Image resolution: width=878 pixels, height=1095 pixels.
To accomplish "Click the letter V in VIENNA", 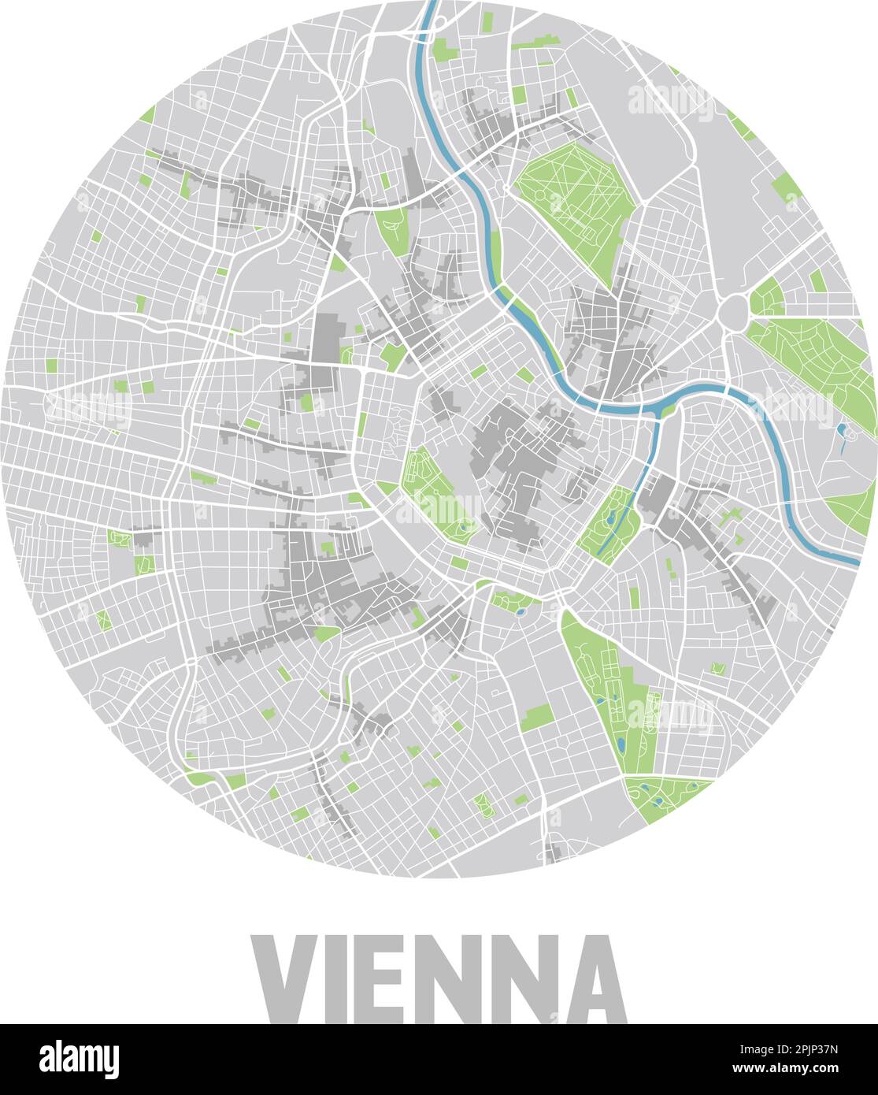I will click(285, 978).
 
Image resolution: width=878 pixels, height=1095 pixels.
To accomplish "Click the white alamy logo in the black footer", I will click(80, 1060).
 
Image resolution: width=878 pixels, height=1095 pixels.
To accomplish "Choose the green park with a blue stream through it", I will click(609, 524).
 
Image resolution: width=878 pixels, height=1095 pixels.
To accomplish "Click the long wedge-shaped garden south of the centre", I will click(606, 677).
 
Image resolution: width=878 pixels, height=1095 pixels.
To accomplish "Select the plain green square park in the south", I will click(538, 717).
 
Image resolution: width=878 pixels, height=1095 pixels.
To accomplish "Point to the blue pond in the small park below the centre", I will click(519, 609).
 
